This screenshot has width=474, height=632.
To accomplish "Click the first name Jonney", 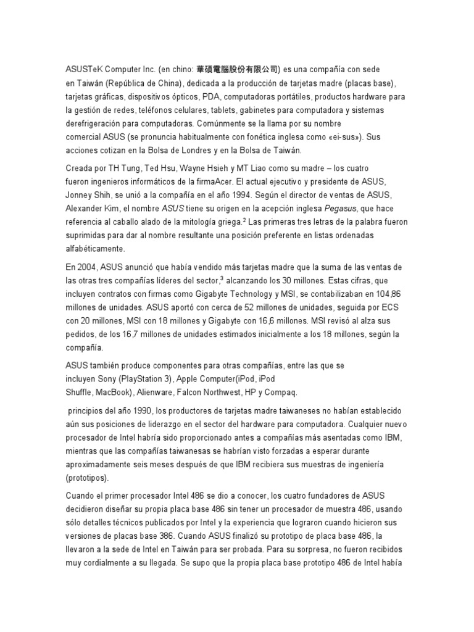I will tap(81, 195).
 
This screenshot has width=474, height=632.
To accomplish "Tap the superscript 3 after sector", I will tap(221, 278).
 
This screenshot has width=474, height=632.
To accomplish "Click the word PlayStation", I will tap(147, 378).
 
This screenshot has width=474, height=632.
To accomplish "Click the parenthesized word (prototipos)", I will tap(88, 478).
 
